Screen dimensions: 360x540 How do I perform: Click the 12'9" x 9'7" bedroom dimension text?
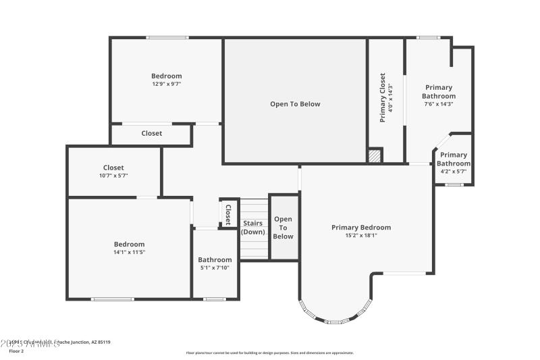tap(166, 84)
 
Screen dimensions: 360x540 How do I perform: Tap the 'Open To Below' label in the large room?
tap(295, 104)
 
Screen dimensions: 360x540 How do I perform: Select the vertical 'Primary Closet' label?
tap(383, 97)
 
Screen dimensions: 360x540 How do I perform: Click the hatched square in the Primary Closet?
tap(375, 156)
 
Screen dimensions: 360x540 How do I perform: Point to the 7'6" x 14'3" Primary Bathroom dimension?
tap(439, 104)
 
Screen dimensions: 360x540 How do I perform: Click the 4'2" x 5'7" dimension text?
tap(453, 172)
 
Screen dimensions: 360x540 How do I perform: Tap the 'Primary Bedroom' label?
tap(360, 228)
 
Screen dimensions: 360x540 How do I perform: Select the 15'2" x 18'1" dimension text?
tap(360, 236)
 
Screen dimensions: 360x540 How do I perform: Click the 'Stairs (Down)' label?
tap(253, 228)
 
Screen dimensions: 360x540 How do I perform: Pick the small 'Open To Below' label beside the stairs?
tap(283, 228)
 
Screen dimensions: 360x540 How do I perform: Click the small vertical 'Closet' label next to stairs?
tap(228, 213)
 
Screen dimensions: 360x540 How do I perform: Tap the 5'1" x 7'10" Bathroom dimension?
tap(215, 267)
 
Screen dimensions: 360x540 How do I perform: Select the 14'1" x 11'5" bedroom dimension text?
tap(128, 252)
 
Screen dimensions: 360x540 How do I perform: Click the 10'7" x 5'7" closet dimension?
tap(113, 176)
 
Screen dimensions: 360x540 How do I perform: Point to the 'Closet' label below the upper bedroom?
tap(151, 134)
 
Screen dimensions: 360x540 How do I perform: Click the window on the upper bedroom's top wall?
tap(167, 38)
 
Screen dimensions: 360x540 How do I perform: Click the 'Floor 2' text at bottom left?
tap(16, 351)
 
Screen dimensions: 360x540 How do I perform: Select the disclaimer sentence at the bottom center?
tap(269, 353)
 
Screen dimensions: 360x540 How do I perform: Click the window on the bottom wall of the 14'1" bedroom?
tap(113, 299)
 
